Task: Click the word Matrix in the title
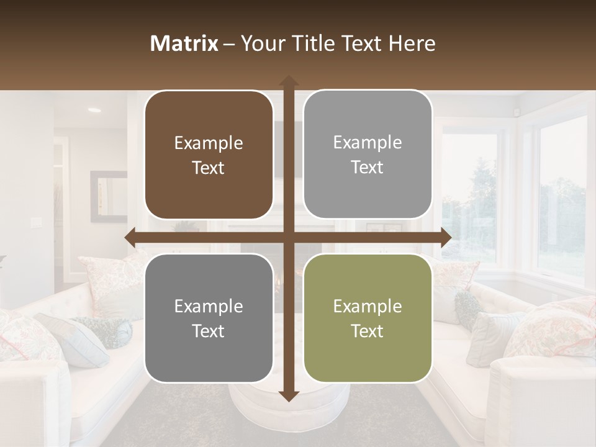click(184, 43)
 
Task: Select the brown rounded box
click(209, 155)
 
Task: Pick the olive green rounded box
click(368, 318)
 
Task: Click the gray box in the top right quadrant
click(368, 154)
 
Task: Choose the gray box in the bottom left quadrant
click(209, 318)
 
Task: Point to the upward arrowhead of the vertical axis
click(288, 80)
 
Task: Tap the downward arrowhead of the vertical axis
click(288, 396)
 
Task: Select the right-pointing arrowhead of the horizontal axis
click(446, 238)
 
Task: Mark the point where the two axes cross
click(288, 238)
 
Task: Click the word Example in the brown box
click(209, 143)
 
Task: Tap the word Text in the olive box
click(368, 331)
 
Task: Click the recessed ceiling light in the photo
click(94, 110)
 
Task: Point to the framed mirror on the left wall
click(108, 196)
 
